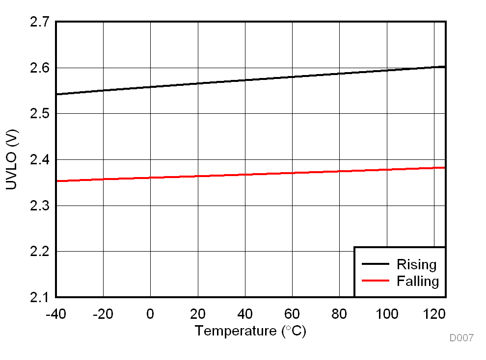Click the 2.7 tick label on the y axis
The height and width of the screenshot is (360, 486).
coord(39,22)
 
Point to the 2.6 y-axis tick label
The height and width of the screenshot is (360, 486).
coord(39,68)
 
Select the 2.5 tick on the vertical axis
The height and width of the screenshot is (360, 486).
coord(39,114)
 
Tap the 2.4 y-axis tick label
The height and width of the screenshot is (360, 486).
coord(39,160)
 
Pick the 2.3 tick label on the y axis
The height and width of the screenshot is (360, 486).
coord(39,206)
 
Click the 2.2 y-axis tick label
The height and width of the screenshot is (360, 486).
coord(39,252)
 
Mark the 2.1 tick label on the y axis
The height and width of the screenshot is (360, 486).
coord(39,297)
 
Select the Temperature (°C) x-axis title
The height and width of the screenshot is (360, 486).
coord(250,331)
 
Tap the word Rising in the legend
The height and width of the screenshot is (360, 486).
coord(416,265)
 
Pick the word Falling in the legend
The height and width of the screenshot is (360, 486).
coord(418,281)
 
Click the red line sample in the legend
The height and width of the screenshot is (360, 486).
coord(376,281)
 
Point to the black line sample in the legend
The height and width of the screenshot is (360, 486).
coord(376,264)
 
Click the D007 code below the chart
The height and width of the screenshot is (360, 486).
coord(461,338)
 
